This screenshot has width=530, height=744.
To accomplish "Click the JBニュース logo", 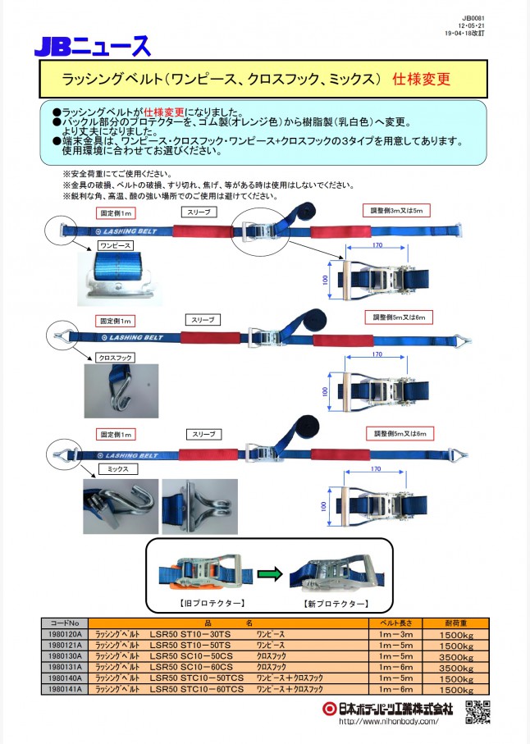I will coord(92,46).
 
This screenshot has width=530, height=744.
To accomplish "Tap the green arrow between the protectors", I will coord(268,573).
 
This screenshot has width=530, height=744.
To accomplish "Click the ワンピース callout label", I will coord(116,244).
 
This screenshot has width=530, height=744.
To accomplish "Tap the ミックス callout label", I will coord(113,468).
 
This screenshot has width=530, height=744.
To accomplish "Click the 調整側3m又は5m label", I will coord(397,211).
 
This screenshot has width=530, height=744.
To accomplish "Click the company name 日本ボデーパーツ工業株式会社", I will coord(390,707).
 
